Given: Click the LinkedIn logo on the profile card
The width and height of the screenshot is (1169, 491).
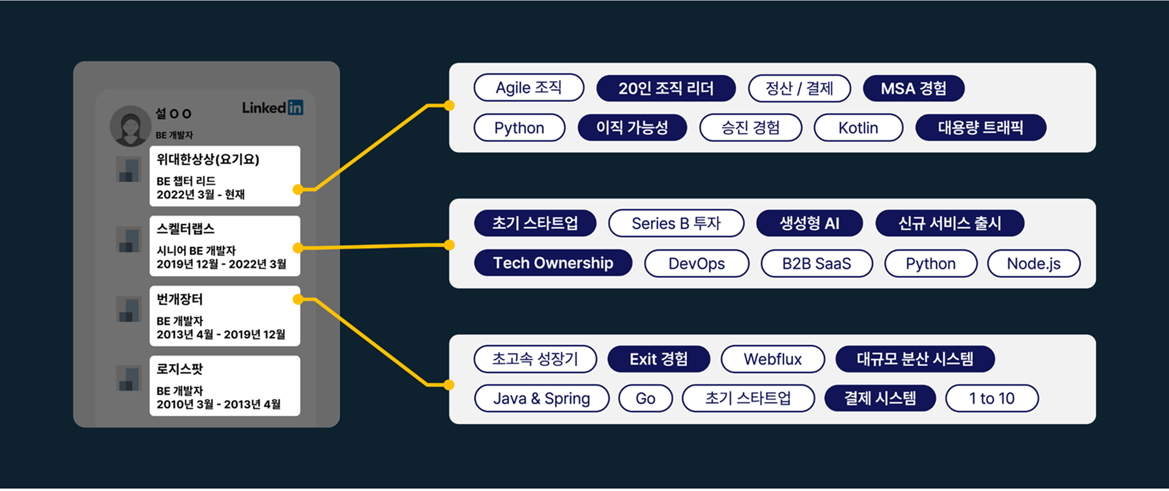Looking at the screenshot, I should click(272, 108).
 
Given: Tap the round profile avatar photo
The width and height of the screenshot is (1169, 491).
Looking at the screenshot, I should click(130, 126).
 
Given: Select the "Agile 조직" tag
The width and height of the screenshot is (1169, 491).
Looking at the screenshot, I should click(528, 88).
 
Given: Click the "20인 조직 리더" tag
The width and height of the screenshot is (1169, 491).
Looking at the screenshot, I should click(665, 88).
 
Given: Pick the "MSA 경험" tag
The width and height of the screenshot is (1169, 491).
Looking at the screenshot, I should click(913, 88).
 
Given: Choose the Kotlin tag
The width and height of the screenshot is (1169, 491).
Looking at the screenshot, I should click(858, 128).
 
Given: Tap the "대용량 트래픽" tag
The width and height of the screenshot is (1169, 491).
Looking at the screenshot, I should click(980, 128).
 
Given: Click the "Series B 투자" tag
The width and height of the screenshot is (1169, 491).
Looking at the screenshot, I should click(676, 223).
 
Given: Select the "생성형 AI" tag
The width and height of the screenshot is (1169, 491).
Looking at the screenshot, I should click(809, 223).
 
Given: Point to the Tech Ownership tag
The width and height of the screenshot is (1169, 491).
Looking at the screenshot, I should click(553, 263).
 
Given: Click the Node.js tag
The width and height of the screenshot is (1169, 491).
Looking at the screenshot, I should click(1033, 263).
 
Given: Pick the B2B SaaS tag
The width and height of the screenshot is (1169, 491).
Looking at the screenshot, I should click(816, 263).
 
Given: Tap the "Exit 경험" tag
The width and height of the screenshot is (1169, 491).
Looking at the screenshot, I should click(658, 359).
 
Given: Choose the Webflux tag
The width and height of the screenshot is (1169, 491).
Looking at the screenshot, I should click(773, 359).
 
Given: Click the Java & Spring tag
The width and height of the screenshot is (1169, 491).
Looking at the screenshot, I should click(541, 399).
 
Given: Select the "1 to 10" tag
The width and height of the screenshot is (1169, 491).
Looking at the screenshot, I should click(991, 399).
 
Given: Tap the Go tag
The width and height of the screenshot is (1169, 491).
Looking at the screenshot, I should click(645, 399).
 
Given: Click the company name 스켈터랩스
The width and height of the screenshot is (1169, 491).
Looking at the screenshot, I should click(186, 229).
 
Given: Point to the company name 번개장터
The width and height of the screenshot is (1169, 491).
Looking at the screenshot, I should click(180, 299).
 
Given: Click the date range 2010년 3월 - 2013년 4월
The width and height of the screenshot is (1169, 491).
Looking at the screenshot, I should click(219, 404).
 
